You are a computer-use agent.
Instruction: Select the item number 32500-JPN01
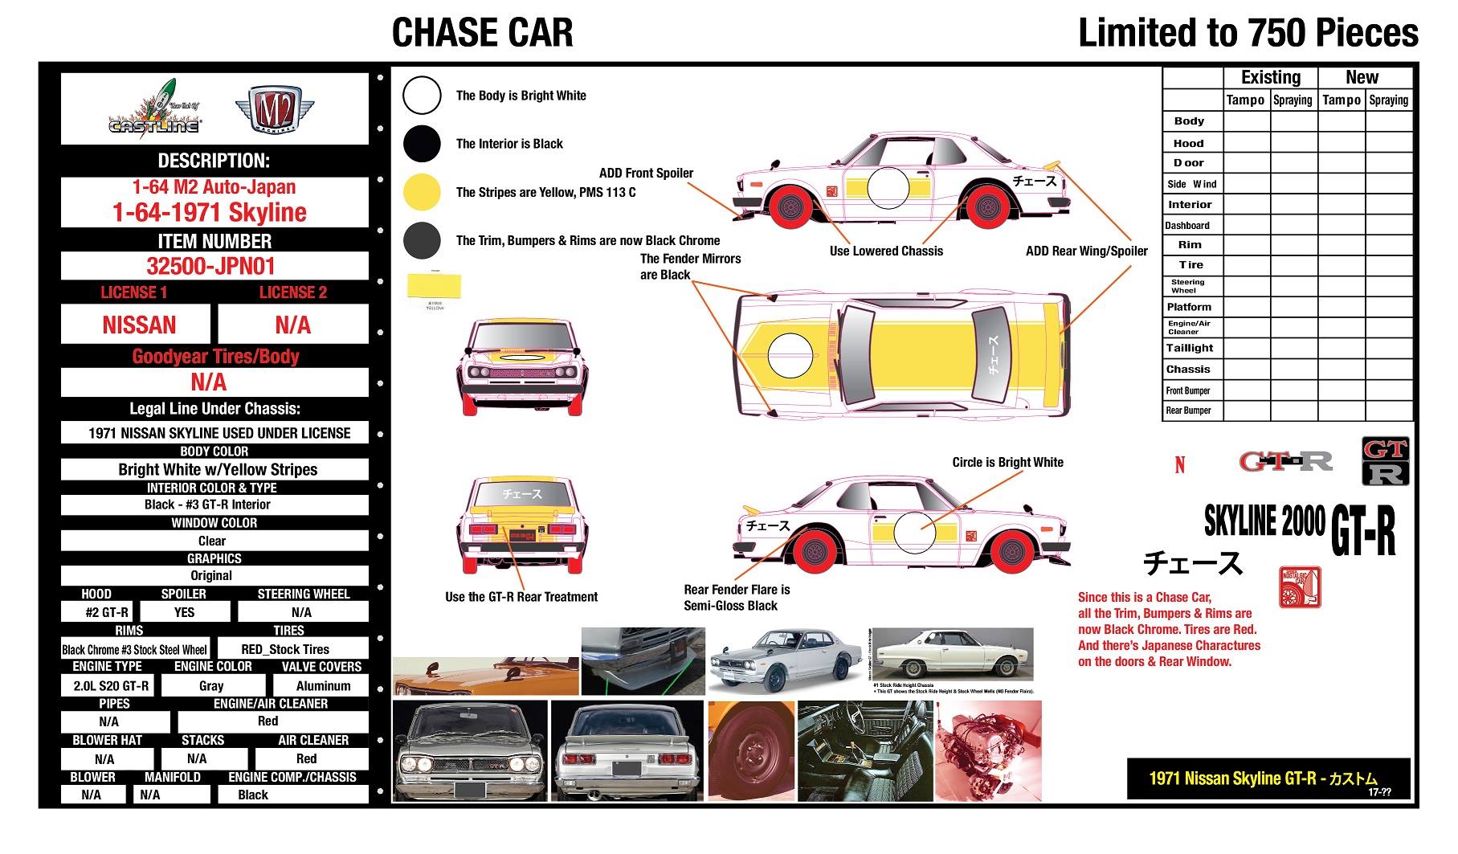click(x=214, y=266)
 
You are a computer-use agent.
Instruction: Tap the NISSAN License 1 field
click(x=138, y=325)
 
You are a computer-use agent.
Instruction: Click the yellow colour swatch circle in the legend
click(x=422, y=192)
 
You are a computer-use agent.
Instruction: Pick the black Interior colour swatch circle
click(x=422, y=144)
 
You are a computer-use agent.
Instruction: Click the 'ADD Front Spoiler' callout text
click(x=646, y=173)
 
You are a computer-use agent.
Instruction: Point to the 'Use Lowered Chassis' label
click(x=886, y=251)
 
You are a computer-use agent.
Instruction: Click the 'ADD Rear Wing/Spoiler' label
click(x=1086, y=251)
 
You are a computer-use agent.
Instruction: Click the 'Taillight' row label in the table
click(x=1189, y=348)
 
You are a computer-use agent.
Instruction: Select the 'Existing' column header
click(x=1270, y=77)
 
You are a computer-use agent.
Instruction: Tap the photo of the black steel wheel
click(x=750, y=751)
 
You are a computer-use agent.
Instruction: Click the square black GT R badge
click(x=1386, y=461)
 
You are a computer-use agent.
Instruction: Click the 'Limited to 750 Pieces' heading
click(x=1248, y=33)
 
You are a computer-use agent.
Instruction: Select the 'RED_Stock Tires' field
click(x=285, y=649)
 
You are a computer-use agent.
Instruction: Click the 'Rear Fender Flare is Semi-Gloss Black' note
click(x=736, y=598)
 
